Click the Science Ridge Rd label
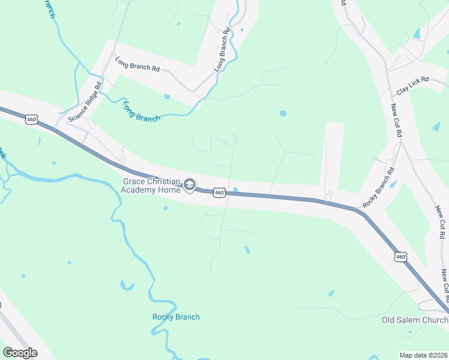click(x=86, y=106)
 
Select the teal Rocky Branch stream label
click(x=176, y=317)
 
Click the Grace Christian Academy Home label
click(x=151, y=185)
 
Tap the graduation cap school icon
click(x=190, y=185)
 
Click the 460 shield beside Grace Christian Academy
click(x=219, y=193)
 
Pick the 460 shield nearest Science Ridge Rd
click(x=32, y=119)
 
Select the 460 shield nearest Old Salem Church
click(x=400, y=257)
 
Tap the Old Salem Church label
click(x=415, y=320)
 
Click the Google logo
click(x=20, y=352)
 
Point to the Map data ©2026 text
click(x=423, y=355)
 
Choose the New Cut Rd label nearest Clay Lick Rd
click(x=396, y=119)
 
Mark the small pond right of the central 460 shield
click(x=235, y=191)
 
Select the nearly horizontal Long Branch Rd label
click(x=137, y=64)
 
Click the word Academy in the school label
click(x=139, y=190)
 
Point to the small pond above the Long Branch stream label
click(x=167, y=96)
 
